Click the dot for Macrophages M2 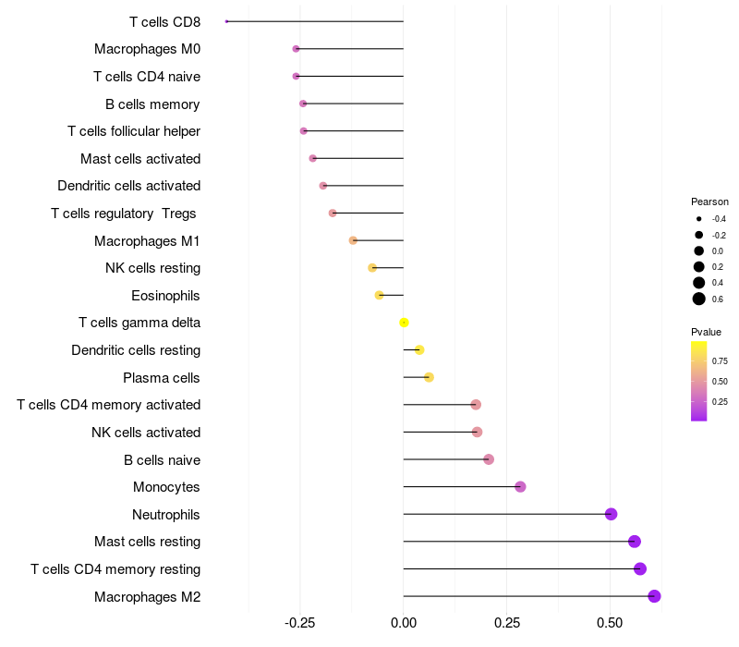654,596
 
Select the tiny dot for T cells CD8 226,21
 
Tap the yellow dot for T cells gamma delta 404,323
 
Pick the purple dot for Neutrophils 611,514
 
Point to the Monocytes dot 520,487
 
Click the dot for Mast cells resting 634,542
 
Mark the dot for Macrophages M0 296,49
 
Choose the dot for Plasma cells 429,377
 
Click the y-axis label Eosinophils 165,296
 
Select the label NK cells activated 146,433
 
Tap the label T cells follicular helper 134,131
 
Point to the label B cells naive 162,459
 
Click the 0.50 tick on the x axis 610,624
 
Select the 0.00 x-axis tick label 404,624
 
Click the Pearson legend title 709,201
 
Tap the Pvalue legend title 706,332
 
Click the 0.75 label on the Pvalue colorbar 720,360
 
